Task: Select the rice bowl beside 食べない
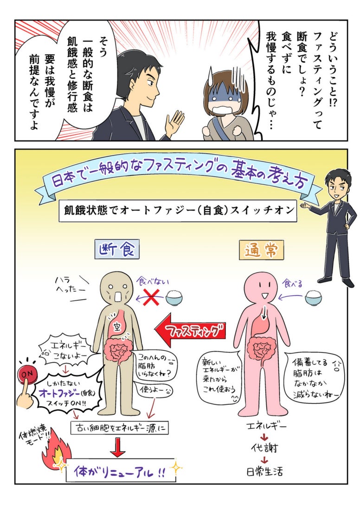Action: [174, 297]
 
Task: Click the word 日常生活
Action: [264, 473]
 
